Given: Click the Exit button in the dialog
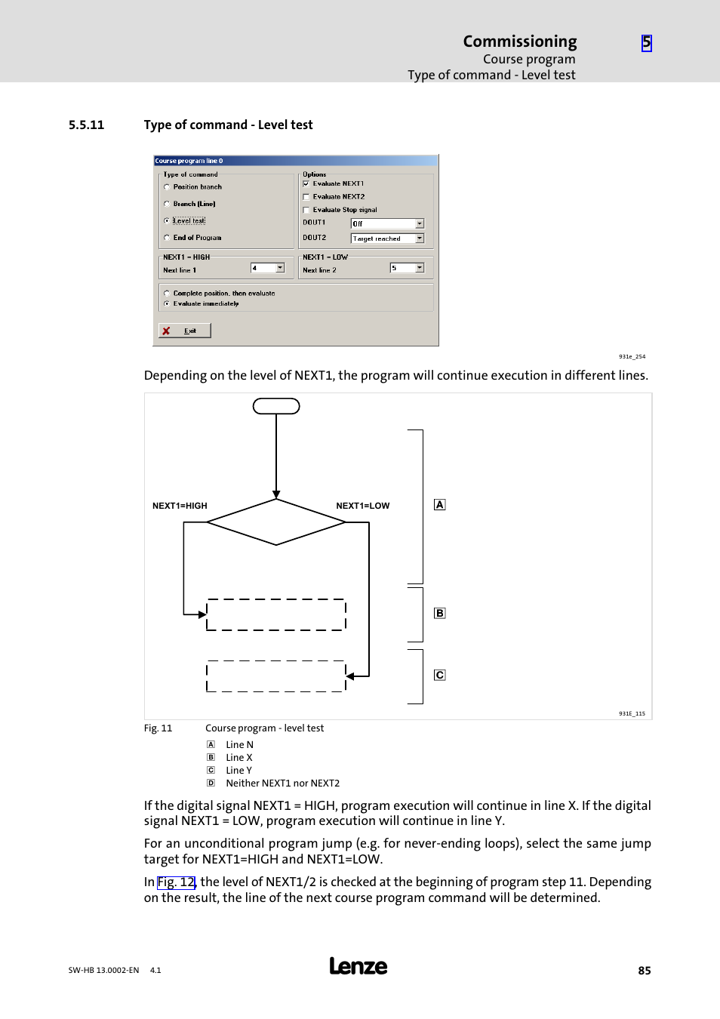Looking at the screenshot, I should [185, 331].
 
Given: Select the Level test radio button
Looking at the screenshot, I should [167, 220].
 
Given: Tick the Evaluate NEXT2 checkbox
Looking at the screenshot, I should [306, 196].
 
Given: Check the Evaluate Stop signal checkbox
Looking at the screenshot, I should [306, 210].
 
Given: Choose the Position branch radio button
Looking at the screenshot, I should [167, 186].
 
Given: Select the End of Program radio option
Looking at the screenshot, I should [167, 238].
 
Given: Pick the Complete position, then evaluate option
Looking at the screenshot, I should [167, 293].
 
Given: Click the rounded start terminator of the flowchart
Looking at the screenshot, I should [276, 407].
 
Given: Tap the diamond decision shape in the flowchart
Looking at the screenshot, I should [276, 522].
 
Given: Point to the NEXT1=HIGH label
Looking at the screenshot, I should [180, 506].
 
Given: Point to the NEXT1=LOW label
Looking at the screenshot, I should [363, 506].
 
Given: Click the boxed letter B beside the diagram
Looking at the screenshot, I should [440, 614].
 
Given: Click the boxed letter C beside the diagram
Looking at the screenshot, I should [440, 675].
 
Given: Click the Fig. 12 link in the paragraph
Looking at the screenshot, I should [177, 882].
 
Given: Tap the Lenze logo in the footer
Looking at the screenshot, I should [358, 966].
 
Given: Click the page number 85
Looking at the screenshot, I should [645, 971].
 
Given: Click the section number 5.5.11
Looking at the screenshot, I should [86, 125].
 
